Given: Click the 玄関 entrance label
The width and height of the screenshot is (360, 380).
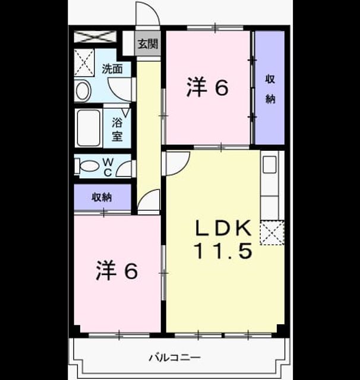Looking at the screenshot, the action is pos(148,44).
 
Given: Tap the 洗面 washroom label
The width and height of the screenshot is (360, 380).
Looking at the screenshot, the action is pos(112,69).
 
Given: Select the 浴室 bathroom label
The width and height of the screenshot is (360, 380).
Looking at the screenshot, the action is pos(117,129).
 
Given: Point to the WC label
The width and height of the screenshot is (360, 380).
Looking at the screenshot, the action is pos(108,167).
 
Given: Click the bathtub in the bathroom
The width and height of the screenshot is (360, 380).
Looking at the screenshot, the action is pos(89,128).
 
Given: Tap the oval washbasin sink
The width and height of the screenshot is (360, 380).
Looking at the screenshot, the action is pos(83,91).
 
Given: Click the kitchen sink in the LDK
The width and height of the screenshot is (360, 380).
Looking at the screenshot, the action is pos(270,164).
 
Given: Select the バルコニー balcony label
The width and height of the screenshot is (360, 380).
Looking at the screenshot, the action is pos(175,357).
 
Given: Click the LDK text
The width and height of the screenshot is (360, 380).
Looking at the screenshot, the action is pos(223,228).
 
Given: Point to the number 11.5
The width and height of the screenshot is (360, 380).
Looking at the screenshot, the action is pos(223,251).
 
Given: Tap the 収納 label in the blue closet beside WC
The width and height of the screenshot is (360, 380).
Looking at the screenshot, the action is pos(102,197).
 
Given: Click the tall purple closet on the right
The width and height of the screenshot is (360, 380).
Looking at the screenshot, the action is pos(270,87).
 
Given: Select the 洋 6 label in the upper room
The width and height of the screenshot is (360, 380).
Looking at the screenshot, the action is pos(207,87).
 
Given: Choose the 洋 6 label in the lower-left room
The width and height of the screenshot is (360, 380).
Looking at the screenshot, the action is pos(117,271).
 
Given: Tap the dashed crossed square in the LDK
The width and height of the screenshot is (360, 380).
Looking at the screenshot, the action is pos(272,233).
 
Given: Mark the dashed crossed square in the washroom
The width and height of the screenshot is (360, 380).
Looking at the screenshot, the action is pos(84,62).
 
